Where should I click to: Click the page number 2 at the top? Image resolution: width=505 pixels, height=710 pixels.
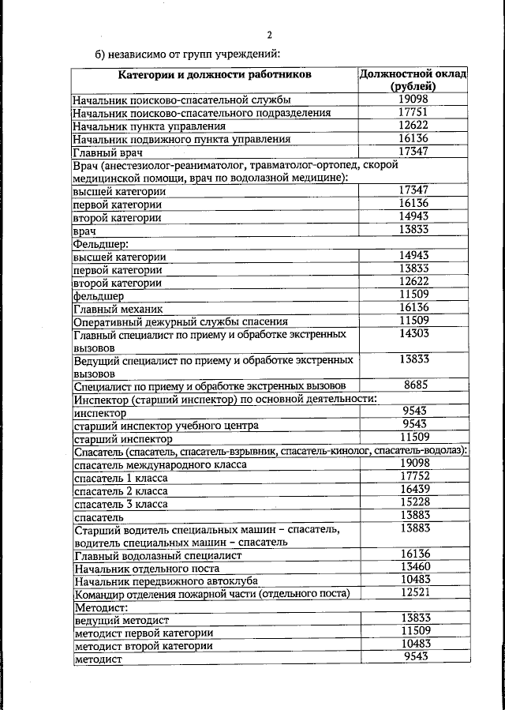tap(269, 36)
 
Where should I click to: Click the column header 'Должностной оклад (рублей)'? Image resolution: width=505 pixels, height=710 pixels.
tap(413, 80)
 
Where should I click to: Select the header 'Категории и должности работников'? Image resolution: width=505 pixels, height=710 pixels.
tap(215, 74)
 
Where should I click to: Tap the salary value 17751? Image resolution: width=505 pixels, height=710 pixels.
tap(413, 112)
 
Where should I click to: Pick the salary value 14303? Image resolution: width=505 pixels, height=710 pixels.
tap(413, 334)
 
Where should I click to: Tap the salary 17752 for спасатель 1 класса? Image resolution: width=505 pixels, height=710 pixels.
tap(413, 476)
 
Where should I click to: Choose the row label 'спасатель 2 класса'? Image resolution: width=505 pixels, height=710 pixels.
tap(120, 490)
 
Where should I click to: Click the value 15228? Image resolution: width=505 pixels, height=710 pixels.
tap(413, 502)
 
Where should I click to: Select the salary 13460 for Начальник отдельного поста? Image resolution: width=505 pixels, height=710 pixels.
tap(413, 567)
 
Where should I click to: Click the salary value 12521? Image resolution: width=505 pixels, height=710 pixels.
tap(413, 592)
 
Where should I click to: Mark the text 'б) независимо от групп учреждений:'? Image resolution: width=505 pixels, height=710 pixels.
tap(187, 54)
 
